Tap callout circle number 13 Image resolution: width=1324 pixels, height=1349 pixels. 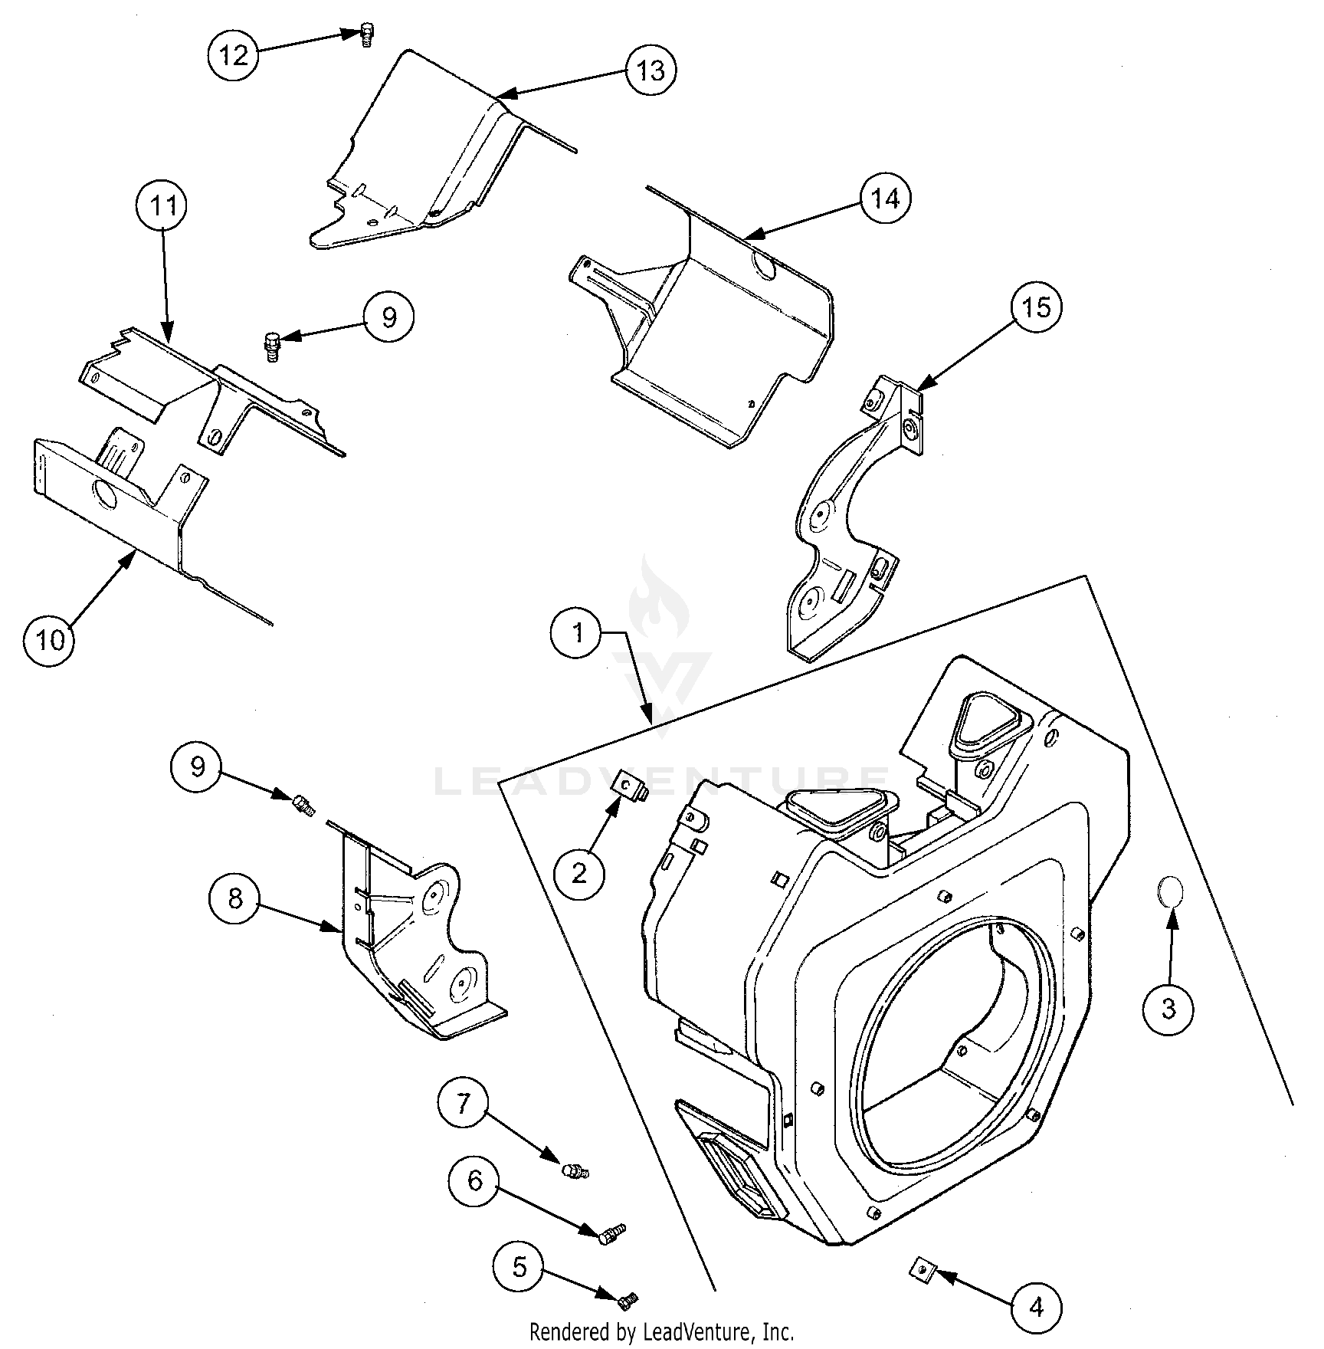coord(651,71)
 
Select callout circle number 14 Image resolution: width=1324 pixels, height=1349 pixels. coord(885,199)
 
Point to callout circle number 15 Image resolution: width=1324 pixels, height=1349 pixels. coord(1036,308)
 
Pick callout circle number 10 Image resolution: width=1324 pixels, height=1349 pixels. coord(50,639)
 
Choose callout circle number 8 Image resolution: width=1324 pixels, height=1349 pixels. coord(234,898)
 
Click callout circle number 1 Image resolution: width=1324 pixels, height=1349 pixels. coord(577,633)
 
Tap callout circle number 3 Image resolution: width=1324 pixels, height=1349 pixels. coord(1168,1009)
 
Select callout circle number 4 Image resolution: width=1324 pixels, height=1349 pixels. coord(1036,1307)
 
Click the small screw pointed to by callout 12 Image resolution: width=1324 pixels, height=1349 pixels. coord(367,34)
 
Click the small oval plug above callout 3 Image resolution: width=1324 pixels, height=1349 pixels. coord(1170,893)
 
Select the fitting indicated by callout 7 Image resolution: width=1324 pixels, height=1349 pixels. coord(572,1171)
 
